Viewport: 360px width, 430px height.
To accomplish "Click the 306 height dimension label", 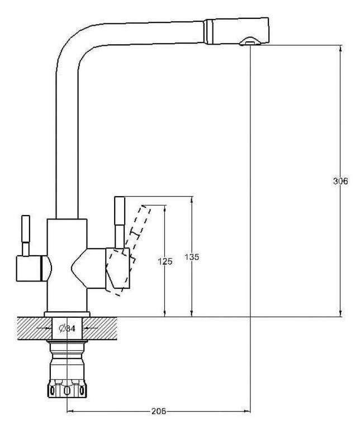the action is [x=340, y=181].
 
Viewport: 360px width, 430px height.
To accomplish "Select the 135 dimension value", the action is [x=192, y=257].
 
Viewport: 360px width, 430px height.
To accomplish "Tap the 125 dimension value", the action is [x=165, y=261].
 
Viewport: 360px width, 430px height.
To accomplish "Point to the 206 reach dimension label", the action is [x=159, y=411].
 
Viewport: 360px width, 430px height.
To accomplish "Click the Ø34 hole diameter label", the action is [x=67, y=328].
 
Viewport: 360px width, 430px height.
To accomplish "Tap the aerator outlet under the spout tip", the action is [x=250, y=42].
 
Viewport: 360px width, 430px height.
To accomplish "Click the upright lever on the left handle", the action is [x=26, y=236].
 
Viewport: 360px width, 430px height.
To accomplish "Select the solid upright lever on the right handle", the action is [x=120, y=222].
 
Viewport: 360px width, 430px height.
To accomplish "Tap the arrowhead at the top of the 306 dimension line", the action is [x=340, y=47].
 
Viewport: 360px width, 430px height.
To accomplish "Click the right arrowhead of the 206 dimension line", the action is [x=247, y=411].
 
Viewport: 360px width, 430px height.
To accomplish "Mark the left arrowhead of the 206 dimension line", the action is [x=70, y=411].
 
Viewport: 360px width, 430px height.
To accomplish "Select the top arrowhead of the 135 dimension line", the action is [x=192, y=200].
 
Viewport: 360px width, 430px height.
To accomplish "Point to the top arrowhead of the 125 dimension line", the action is [x=165, y=208].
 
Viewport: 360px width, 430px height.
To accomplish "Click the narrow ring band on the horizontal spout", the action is [x=209, y=31].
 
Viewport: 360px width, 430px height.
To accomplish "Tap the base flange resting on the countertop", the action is [x=67, y=314].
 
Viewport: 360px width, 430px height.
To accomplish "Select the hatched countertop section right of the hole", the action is [x=100, y=328].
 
